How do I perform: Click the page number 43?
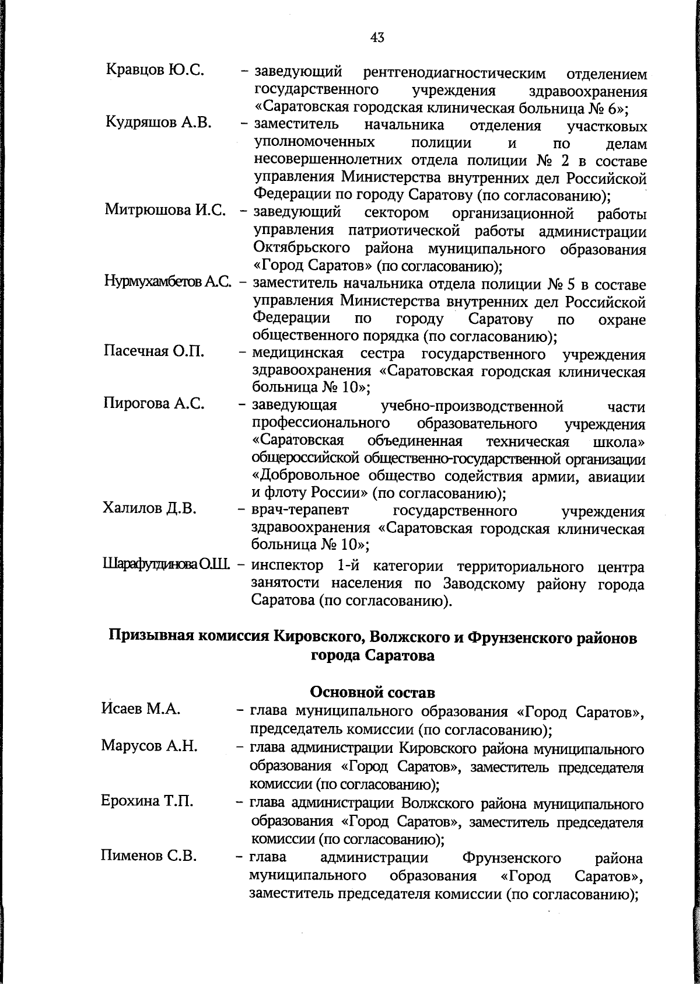(x=377, y=38)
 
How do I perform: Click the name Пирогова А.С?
(x=153, y=403)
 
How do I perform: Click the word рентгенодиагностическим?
(x=454, y=74)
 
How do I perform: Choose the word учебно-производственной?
(x=471, y=406)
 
